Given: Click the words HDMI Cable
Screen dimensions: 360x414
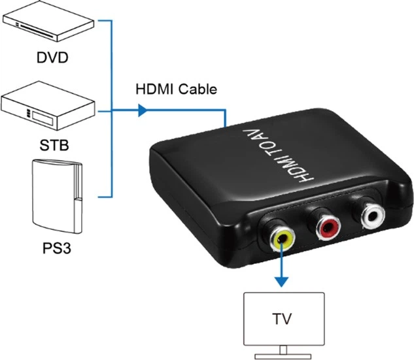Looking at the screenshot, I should click(x=175, y=90).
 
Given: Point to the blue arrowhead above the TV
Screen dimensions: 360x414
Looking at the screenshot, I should click(x=281, y=280).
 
